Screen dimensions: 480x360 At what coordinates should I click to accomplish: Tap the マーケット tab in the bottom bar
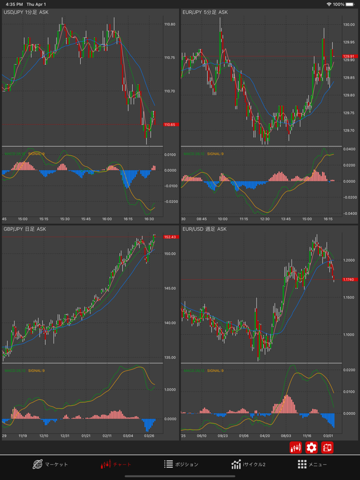coord(50,464)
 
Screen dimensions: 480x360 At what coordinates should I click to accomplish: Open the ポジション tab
coord(181,464)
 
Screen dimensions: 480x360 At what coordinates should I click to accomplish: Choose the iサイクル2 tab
coord(248,464)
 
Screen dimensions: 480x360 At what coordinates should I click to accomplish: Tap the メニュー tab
coord(312,464)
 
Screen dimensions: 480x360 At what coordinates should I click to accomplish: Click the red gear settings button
coord(312,447)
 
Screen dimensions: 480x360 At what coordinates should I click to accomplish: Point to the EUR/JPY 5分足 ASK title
coord(205,12)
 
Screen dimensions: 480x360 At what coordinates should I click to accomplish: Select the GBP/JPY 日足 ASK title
coord(25,229)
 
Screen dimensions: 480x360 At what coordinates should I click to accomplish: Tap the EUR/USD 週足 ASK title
coord(204,229)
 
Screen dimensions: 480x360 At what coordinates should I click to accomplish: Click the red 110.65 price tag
coord(170,125)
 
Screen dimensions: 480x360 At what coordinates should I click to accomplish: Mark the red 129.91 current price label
coord(349,56)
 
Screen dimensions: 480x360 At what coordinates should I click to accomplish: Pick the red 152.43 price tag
coord(170,237)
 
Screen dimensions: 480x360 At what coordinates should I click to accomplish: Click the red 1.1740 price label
coord(349,279)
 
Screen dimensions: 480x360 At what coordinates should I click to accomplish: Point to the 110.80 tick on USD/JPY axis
coord(170,24)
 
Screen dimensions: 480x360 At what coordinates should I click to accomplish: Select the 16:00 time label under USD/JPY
coord(106,219)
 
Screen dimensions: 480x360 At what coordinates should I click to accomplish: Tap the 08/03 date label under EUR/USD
coord(286,436)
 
